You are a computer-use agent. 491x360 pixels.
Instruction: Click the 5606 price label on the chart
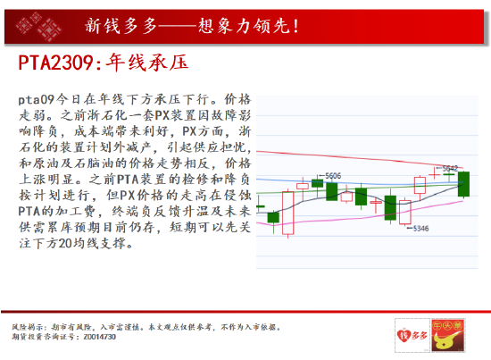tap(333, 176)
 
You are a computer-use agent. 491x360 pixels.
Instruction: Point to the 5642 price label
tap(450, 169)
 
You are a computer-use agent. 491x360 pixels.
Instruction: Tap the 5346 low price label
tap(420, 229)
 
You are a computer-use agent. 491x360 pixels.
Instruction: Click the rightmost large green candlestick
tap(463, 184)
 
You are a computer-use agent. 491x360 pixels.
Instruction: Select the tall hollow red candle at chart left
tap(287, 213)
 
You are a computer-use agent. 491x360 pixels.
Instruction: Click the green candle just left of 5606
tap(317, 182)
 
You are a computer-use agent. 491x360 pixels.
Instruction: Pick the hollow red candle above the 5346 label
tap(405, 212)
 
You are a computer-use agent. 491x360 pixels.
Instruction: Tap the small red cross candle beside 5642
tap(434, 173)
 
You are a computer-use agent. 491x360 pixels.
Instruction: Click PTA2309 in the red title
tap(55, 63)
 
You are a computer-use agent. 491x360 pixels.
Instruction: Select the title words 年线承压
tap(147, 63)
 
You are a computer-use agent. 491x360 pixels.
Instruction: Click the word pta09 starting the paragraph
tap(37, 100)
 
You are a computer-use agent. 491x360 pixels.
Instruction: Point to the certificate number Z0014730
tap(100, 337)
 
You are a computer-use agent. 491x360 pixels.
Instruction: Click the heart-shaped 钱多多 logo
tap(412, 335)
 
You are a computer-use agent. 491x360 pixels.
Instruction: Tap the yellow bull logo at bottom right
tap(448, 335)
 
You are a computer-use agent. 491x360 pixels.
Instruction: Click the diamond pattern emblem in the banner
tap(39, 27)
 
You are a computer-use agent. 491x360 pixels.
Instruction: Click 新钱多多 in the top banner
tap(121, 26)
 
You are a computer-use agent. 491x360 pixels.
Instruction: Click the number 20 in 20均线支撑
tap(65, 244)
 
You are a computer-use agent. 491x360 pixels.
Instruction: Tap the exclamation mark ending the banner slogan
tap(296, 26)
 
